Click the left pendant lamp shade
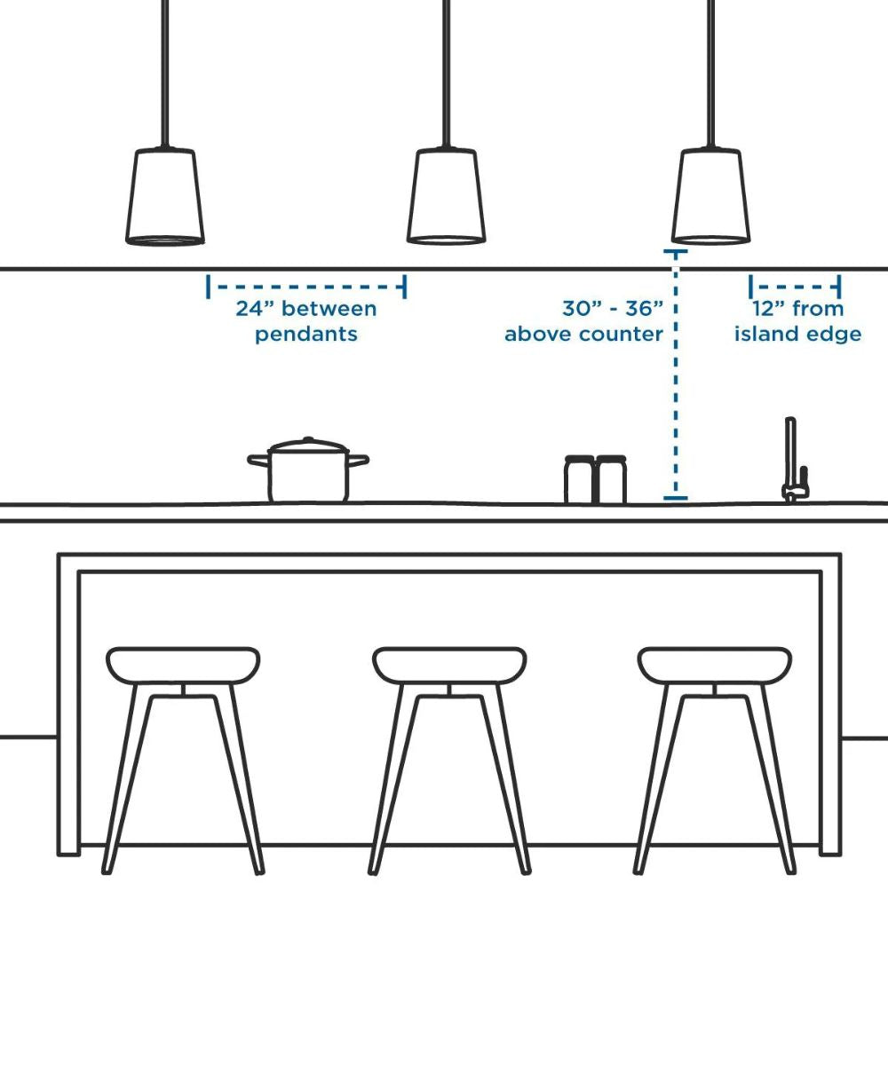pos(165,197)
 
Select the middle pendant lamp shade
pos(446,196)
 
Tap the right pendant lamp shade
pos(710,196)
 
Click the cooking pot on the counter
pos(308,469)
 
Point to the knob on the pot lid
pos(308,439)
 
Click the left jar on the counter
pos(579,479)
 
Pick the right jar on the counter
pos(611,479)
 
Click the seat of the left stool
pos(183,665)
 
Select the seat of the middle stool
pos(449,665)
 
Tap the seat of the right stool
pos(715,665)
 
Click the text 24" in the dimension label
pos(255,309)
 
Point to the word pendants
pos(306,335)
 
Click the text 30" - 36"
pos(613,309)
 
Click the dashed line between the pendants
pos(306,287)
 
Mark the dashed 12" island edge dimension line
pos(795,287)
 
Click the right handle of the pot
pos(359,461)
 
